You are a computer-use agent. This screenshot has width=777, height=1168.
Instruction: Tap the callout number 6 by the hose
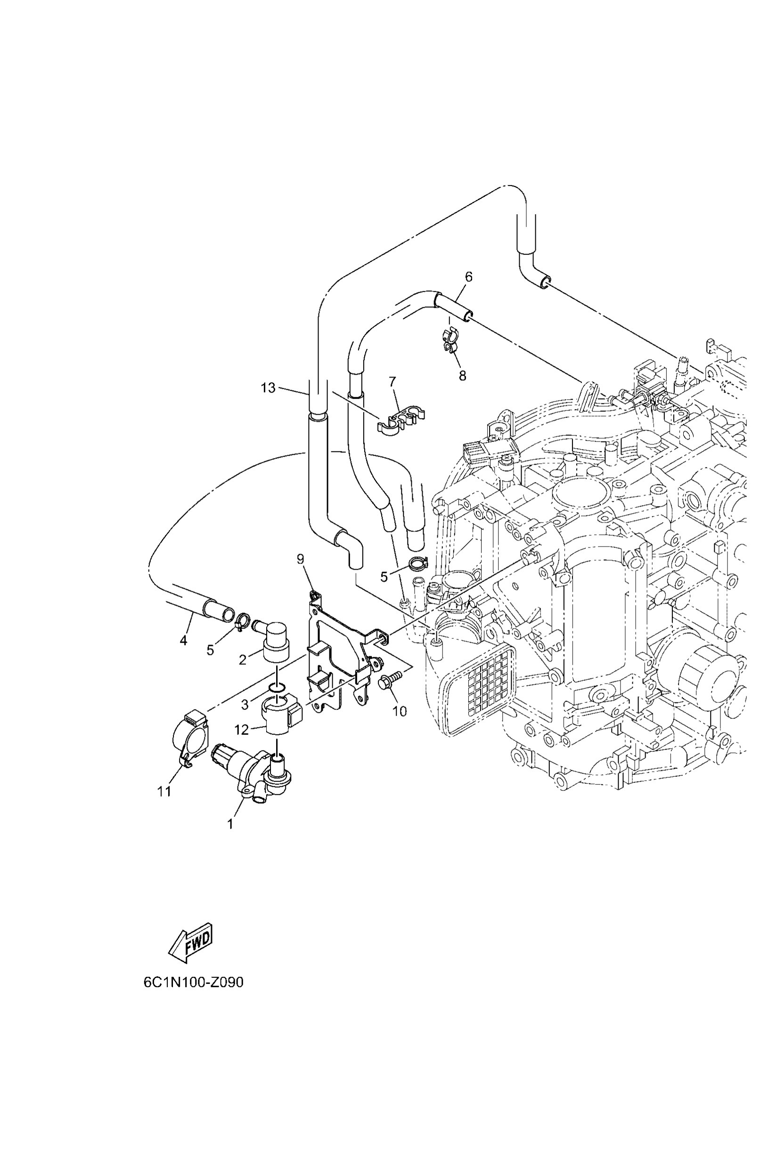pos(468,277)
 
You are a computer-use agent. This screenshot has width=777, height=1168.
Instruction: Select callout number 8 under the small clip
pos(462,376)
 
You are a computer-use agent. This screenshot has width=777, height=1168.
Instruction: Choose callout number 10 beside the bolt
pos(400,711)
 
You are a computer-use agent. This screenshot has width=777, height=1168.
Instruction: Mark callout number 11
pos(164,791)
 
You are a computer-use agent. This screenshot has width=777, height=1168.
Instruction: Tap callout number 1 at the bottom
pos(230,824)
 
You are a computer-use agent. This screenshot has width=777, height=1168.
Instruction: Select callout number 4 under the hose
pos(183,640)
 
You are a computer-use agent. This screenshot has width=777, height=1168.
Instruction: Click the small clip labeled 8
pos(450,342)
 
